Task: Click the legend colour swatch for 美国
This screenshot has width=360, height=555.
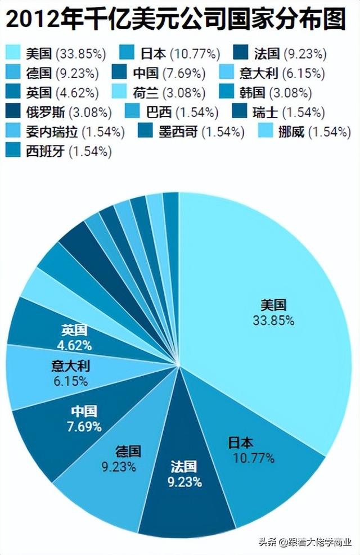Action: click(x=15, y=54)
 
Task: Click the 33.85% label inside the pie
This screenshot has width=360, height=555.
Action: click(x=273, y=321)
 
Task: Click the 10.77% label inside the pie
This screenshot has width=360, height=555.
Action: click(x=253, y=458)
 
